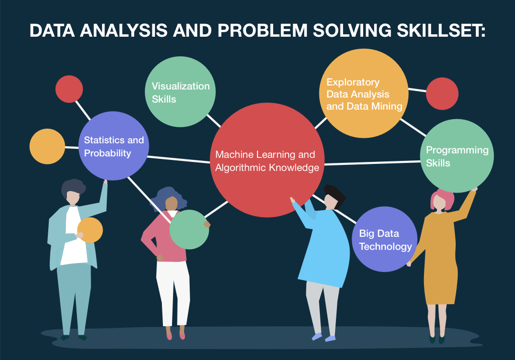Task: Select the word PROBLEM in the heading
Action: tap(248, 31)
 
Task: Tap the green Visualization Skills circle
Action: tap(181, 92)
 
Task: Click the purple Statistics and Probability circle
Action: tap(114, 146)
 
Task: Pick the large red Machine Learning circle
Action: tap(267, 161)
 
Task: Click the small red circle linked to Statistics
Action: tap(69, 88)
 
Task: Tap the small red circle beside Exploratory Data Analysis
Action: tap(442, 94)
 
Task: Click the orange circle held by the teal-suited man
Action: tap(90, 230)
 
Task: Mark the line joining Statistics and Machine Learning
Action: tap(179, 159)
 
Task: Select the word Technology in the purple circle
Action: tap(385, 246)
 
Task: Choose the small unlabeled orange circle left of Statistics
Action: tap(47, 146)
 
